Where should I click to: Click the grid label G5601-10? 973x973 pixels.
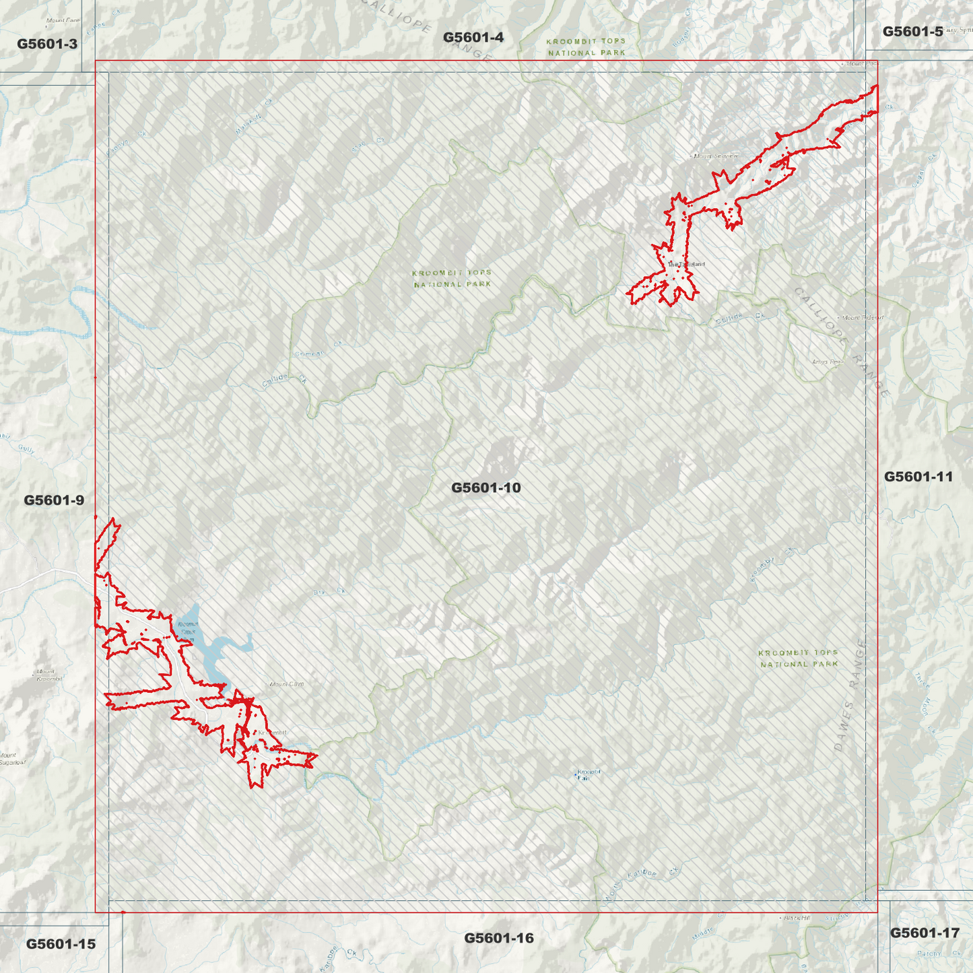pos(485,488)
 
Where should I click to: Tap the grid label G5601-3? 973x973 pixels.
pos(47,44)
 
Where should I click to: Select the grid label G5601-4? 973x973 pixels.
pos(473,37)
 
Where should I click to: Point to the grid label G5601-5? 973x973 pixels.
pos(912,31)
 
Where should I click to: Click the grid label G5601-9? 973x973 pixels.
pos(54,500)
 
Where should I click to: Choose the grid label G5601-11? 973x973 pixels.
pos(918,477)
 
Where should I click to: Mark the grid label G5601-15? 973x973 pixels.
pos(61,944)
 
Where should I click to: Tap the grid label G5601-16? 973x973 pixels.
pos(498,938)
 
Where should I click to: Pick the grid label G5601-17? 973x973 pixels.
pos(924,933)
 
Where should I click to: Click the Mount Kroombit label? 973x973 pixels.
pos(49,675)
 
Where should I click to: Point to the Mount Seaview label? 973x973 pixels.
pos(716,156)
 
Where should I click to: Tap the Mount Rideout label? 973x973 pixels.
pos(863,317)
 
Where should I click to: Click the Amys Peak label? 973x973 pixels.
pos(827,362)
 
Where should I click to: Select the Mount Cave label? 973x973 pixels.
pos(287,684)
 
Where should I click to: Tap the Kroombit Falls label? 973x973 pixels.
pos(589,774)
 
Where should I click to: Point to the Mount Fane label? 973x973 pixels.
pos(63,20)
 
